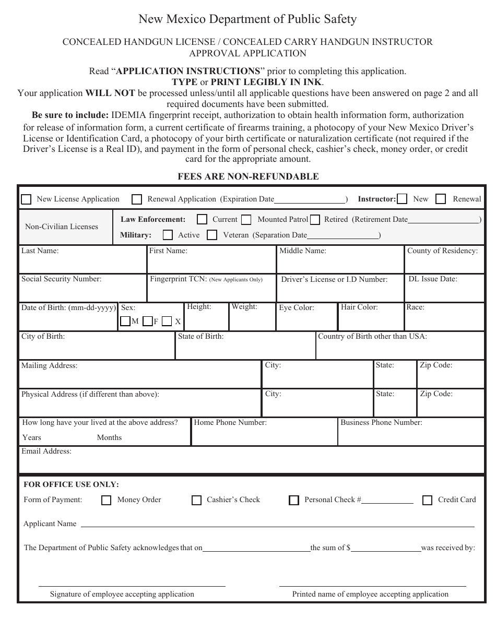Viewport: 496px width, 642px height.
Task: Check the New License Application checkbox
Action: tap(26, 199)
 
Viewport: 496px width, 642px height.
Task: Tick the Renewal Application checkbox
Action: tap(137, 199)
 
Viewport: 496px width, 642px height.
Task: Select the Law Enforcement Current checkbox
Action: tap(202, 220)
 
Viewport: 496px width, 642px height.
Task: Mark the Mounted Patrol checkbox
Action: tap(246, 220)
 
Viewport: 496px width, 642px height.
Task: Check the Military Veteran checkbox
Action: tap(212, 235)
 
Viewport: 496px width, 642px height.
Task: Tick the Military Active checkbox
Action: tap(168, 235)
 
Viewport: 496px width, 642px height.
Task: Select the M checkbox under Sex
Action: tap(125, 322)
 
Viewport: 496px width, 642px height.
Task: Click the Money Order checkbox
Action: tap(107, 501)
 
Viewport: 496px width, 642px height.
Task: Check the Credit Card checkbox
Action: tap(427, 501)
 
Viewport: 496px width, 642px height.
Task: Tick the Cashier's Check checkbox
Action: tap(196, 501)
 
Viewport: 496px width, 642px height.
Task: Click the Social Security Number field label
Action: tap(61, 279)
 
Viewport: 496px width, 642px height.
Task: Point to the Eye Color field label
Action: tap(296, 308)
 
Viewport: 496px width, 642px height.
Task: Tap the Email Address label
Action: tap(46, 451)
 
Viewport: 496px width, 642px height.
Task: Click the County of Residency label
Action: tap(442, 251)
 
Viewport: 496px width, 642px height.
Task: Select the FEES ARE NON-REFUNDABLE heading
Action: tap(248, 176)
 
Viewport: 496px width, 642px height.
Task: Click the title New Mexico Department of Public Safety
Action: tap(247, 19)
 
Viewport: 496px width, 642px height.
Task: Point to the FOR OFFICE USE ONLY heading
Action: tap(71, 484)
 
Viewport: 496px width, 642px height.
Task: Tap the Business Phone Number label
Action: tap(381, 423)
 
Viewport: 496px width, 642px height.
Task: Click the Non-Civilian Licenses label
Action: tap(62, 227)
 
